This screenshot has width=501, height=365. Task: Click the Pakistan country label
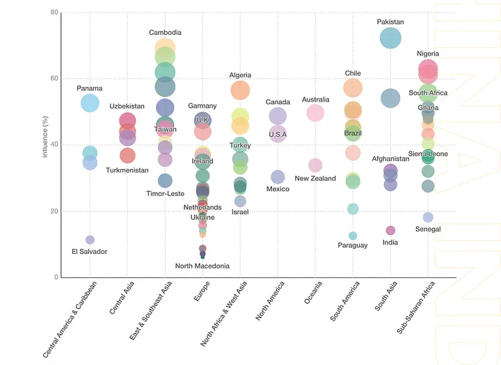[390, 22]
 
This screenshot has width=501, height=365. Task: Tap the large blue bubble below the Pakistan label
[390, 38]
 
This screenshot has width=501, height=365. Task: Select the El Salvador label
[90, 252]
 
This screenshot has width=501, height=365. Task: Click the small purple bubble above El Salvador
[90, 240]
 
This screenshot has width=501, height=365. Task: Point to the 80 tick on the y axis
[54, 13]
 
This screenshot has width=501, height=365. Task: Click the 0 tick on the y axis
[56, 277]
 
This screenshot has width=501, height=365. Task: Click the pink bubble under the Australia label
[315, 112]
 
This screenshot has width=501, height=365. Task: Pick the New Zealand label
[315, 179]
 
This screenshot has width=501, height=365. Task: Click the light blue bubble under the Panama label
[90, 102]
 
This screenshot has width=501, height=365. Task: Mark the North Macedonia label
[202, 266]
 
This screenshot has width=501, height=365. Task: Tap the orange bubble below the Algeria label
[240, 90]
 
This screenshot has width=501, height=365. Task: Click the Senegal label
[428, 229]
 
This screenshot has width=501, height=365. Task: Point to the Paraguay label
[353, 245]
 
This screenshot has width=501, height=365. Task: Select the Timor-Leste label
[165, 193]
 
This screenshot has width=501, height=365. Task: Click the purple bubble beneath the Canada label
[278, 115]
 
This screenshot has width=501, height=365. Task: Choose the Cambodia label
[165, 33]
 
